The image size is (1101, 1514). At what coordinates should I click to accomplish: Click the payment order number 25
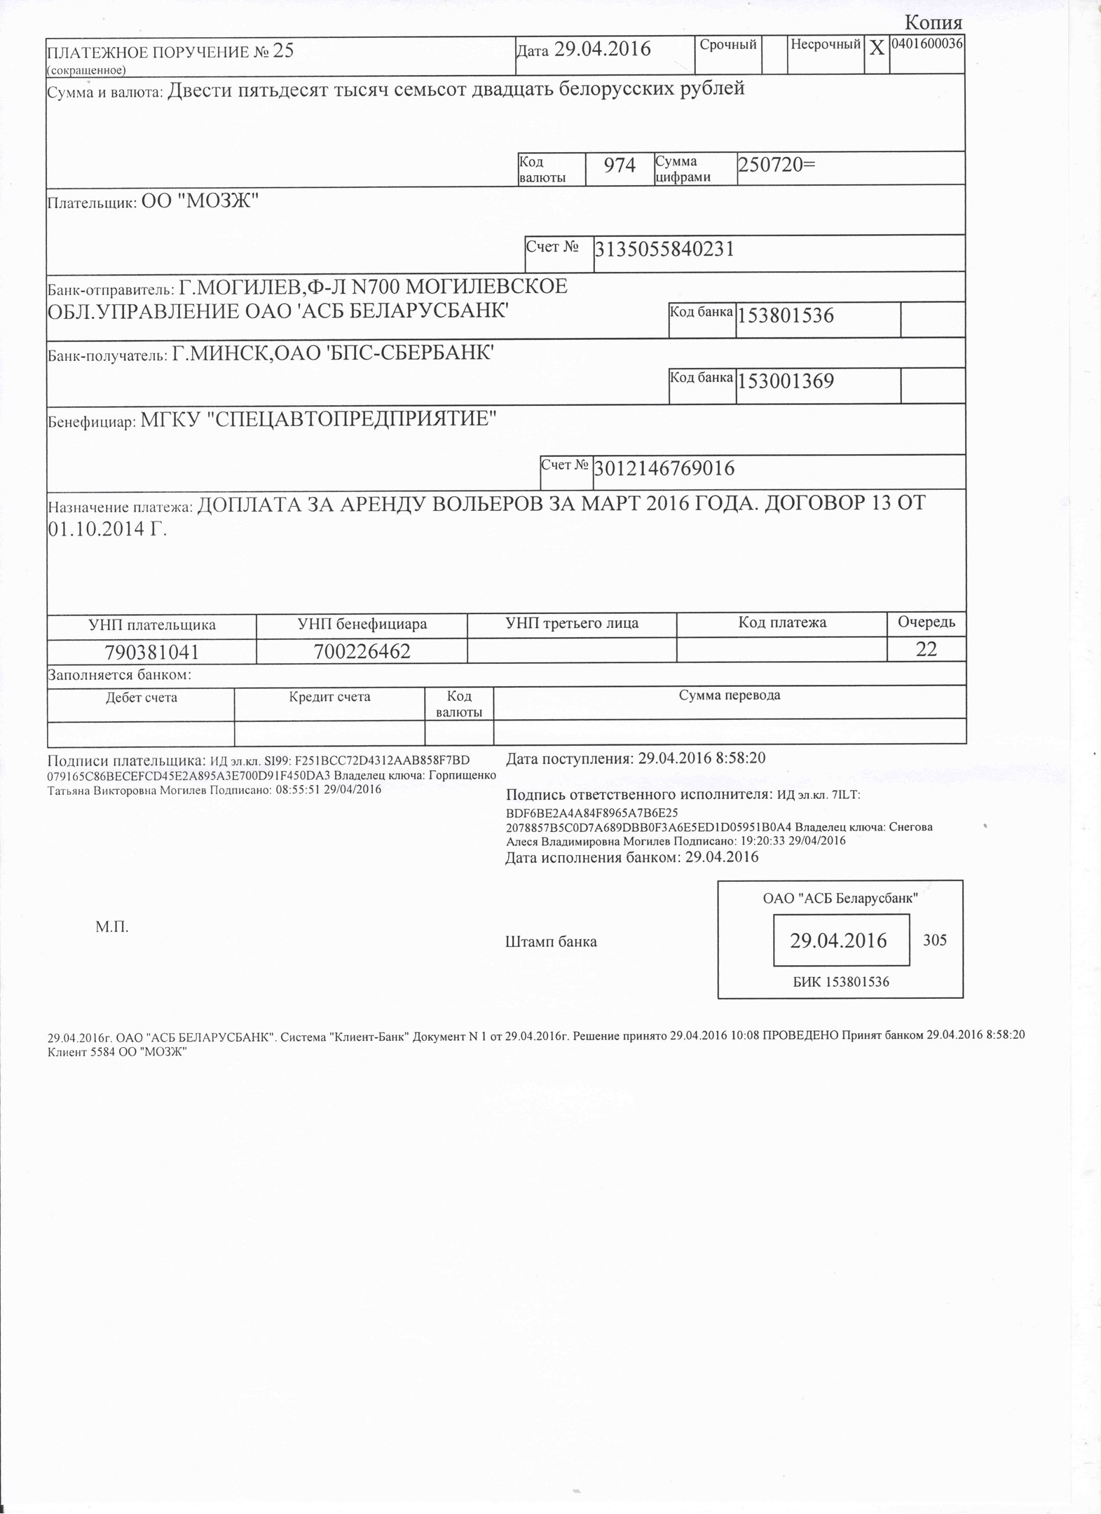point(283,51)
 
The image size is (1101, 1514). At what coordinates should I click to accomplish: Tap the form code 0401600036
point(926,43)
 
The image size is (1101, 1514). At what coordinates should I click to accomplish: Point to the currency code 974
point(620,166)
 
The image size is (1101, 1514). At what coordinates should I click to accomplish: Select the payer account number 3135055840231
point(664,249)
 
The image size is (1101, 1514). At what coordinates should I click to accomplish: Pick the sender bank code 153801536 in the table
point(786,316)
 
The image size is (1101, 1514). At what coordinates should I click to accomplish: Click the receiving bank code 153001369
point(786,382)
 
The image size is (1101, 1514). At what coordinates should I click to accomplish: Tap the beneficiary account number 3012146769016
point(664,468)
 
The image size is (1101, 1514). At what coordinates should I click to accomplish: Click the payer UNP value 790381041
point(151,653)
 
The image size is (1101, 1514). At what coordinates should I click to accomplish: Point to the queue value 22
point(926,650)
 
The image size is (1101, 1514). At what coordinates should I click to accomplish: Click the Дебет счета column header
point(141,697)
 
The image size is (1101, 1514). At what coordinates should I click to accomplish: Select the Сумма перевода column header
point(729,695)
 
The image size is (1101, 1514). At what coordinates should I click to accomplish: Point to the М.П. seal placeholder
point(112,927)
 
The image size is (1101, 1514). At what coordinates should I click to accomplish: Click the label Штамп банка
point(551,942)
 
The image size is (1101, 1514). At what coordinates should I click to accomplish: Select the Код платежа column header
point(782,622)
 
